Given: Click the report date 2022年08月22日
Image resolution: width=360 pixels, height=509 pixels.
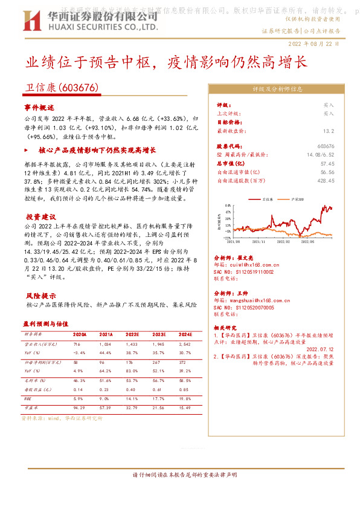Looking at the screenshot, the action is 318,44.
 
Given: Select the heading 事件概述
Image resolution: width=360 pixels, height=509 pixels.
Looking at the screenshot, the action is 40,106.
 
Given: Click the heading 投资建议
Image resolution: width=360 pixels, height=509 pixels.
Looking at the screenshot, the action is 40,216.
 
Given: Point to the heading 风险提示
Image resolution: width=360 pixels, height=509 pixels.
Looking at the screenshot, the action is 40,296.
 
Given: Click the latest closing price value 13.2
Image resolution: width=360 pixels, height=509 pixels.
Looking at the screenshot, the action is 328,130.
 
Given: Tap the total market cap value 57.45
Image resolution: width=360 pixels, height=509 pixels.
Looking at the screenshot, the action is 327,163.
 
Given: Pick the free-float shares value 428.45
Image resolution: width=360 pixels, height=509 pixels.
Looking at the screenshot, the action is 325,180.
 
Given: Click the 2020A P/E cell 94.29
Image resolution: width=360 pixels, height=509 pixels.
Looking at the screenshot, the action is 79,408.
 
